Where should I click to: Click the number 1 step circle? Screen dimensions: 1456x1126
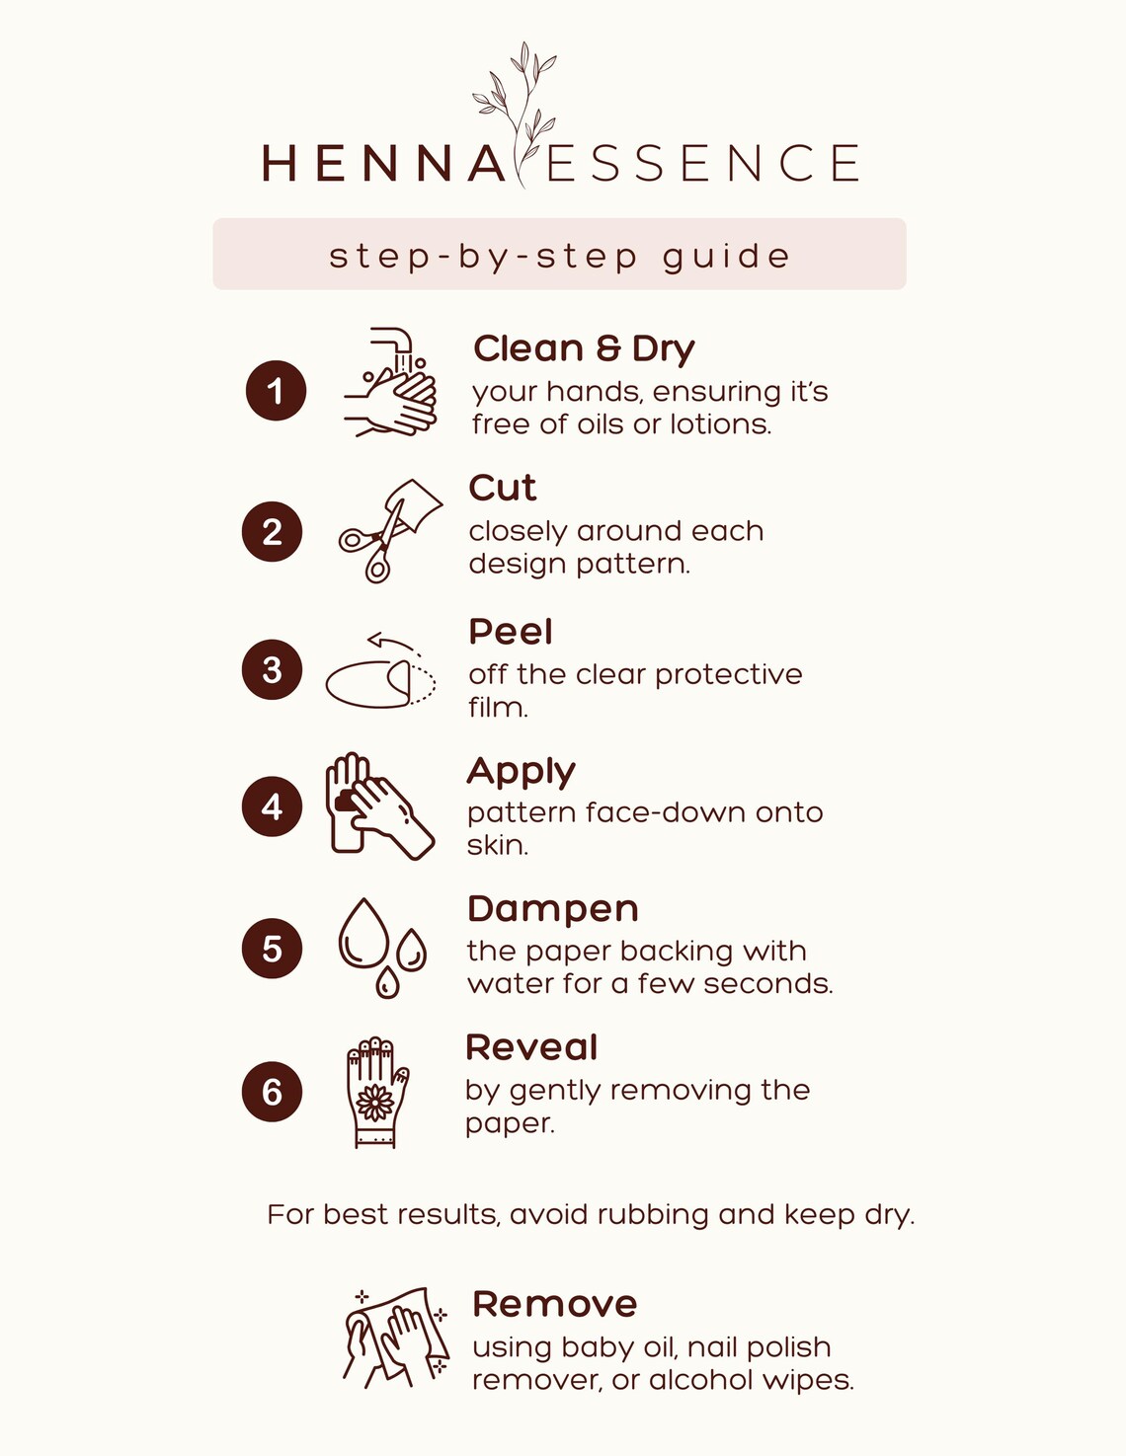click(276, 391)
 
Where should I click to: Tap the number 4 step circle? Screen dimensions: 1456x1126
click(272, 807)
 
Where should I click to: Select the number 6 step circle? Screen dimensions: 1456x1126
click(272, 1092)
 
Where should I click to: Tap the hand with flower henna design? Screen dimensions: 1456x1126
click(376, 1092)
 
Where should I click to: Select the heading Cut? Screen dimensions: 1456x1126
click(502, 488)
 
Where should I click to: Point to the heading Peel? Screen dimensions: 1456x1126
click(510, 632)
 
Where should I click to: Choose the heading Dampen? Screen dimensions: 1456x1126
click(552, 909)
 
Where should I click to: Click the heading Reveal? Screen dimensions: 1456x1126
click(531, 1047)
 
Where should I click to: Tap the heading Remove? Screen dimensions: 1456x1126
click(554, 1304)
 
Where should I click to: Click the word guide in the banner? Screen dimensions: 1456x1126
click(726, 257)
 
